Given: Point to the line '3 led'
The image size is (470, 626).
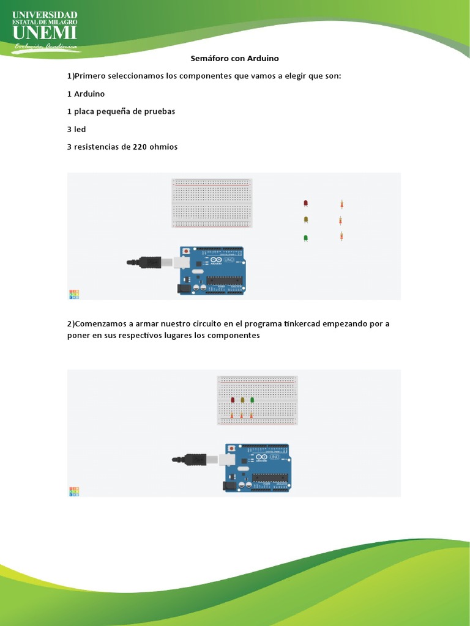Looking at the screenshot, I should point(76,129).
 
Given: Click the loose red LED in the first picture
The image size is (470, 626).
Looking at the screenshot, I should point(306,203).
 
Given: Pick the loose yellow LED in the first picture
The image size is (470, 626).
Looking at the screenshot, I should point(306,219).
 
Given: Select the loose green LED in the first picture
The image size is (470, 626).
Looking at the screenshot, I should point(305,237).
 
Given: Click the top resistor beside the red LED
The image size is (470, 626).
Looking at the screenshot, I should point(341,204).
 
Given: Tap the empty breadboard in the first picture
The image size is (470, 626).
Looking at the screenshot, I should point(212,204).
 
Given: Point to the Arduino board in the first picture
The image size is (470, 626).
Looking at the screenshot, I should point(212,270).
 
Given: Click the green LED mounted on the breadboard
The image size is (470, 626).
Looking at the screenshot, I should point(252,399).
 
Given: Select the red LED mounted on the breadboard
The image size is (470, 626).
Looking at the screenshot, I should point(233,399).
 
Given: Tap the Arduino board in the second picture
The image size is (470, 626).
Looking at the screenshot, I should point(257,467).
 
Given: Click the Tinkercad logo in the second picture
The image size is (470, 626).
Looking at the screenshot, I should point(74,491).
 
